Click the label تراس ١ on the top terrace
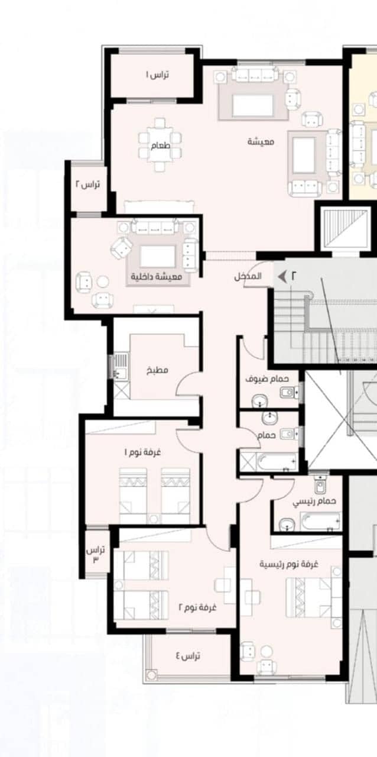[157, 75]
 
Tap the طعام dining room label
[160, 145]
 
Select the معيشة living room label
[261, 141]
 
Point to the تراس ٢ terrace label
[87, 185]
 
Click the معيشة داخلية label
[157, 276]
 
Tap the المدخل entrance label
[248, 276]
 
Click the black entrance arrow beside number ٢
[282, 276]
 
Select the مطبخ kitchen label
[157, 370]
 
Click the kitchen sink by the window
[121, 366]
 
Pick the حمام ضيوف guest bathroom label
[267, 379]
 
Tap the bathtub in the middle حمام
[277, 461]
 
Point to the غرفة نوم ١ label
[142, 452]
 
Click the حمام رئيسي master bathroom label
[314, 502]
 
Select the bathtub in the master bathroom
[320, 522]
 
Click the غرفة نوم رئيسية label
[289, 564]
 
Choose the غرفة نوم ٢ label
[197, 607]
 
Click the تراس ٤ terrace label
[188, 656]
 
